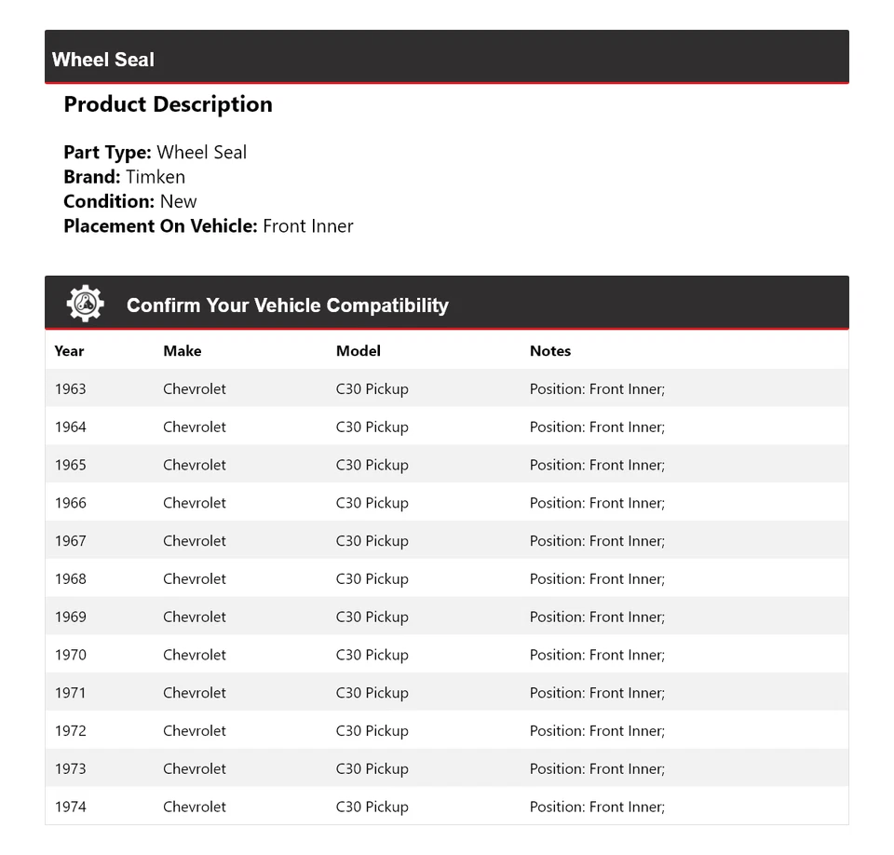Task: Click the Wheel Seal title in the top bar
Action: [x=103, y=60]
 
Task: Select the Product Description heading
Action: [x=168, y=104]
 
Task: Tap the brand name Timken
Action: [x=156, y=177]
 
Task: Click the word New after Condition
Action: [x=178, y=201]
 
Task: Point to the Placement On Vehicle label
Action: [x=160, y=225]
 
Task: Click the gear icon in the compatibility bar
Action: [x=85, y=304]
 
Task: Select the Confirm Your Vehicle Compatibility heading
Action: [x=287, y=305]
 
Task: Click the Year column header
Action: [x=69, y=351]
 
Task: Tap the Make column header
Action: [x=182, y=351]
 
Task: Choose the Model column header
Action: [x=358, y=351]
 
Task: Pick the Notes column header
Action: [x=549, y=351]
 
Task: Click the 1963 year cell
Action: [x=70, y=388]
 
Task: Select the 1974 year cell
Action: [x=70, y=807]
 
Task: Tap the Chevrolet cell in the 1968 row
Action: [x=194, y=578]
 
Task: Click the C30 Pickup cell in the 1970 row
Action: [x=372, y=655]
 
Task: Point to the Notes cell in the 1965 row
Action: [x=597, y=465]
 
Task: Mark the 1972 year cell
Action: [x=70, y=730]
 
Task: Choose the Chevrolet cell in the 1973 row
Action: [x=194, y=768]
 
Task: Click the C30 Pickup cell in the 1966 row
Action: [x=372, y=503]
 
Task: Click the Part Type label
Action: [x=107, y=153]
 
